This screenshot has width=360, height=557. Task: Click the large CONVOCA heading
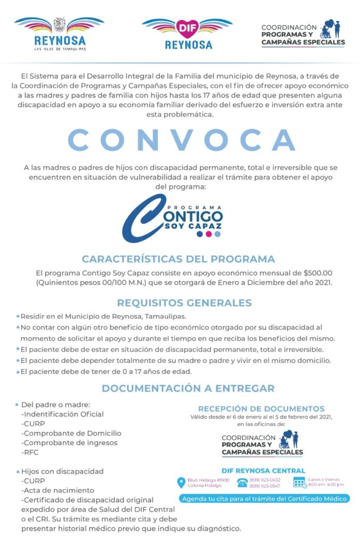point(182,139)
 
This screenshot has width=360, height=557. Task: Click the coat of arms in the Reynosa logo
point(59,24)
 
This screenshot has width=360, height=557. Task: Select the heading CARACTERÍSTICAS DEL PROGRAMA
point(178,259)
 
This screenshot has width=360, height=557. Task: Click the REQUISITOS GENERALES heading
point(184,303)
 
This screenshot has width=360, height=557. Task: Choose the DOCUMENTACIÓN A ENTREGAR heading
point(188,388)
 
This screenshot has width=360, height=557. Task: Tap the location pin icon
point(181,482)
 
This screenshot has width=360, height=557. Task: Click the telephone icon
point(242,482)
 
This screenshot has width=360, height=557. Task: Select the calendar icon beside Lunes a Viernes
point(299,482)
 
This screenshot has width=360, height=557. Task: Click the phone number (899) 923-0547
point(264,486)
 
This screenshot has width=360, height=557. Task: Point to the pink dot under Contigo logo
point(208,234)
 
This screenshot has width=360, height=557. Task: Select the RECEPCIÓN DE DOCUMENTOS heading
point(261,408)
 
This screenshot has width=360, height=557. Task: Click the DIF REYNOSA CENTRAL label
point(263,471)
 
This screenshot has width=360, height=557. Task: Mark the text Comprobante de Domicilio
point(71,433)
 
